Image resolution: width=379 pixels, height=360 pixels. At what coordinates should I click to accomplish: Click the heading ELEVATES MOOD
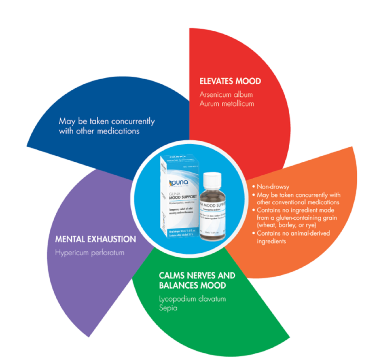coord(230,81)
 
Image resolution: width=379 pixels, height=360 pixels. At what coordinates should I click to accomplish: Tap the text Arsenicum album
coord(226,94)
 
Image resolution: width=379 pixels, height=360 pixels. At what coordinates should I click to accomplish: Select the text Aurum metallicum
coord(227,104)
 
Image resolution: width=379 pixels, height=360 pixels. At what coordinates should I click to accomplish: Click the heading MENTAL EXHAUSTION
coord(95,239)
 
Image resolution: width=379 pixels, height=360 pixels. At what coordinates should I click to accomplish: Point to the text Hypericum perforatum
coord(90,253)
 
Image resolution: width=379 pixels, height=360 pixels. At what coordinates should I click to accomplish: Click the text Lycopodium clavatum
coord(192,299)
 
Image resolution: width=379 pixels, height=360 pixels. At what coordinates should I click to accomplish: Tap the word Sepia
coord(168,308)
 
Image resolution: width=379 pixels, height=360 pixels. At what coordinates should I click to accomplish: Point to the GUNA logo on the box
coord(179,183)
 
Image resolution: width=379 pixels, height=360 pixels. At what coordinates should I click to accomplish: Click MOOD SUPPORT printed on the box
coord(183,197)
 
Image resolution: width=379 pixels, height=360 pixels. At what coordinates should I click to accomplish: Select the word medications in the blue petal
coord(118,131)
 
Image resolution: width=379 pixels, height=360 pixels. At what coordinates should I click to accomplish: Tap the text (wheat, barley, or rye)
coord(286,225)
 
